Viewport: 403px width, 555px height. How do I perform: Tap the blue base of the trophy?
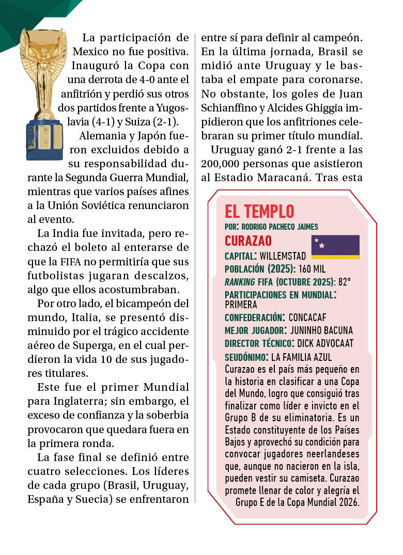pos(44,139)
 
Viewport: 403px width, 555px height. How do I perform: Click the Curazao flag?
pos(335,247)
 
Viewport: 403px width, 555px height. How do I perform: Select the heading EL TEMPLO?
pos(259,211)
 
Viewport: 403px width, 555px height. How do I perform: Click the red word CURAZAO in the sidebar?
pos(248,241)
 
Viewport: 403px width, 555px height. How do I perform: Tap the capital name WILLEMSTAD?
pos(283,256)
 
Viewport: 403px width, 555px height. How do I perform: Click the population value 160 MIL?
pos(312,269)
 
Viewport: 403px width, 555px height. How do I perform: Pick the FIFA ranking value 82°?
pos(344,282)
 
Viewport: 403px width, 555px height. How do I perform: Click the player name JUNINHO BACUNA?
pos(322,330)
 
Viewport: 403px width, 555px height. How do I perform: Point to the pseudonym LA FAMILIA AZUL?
pos(301,357)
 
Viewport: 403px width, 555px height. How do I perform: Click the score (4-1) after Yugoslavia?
pos(90,122)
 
